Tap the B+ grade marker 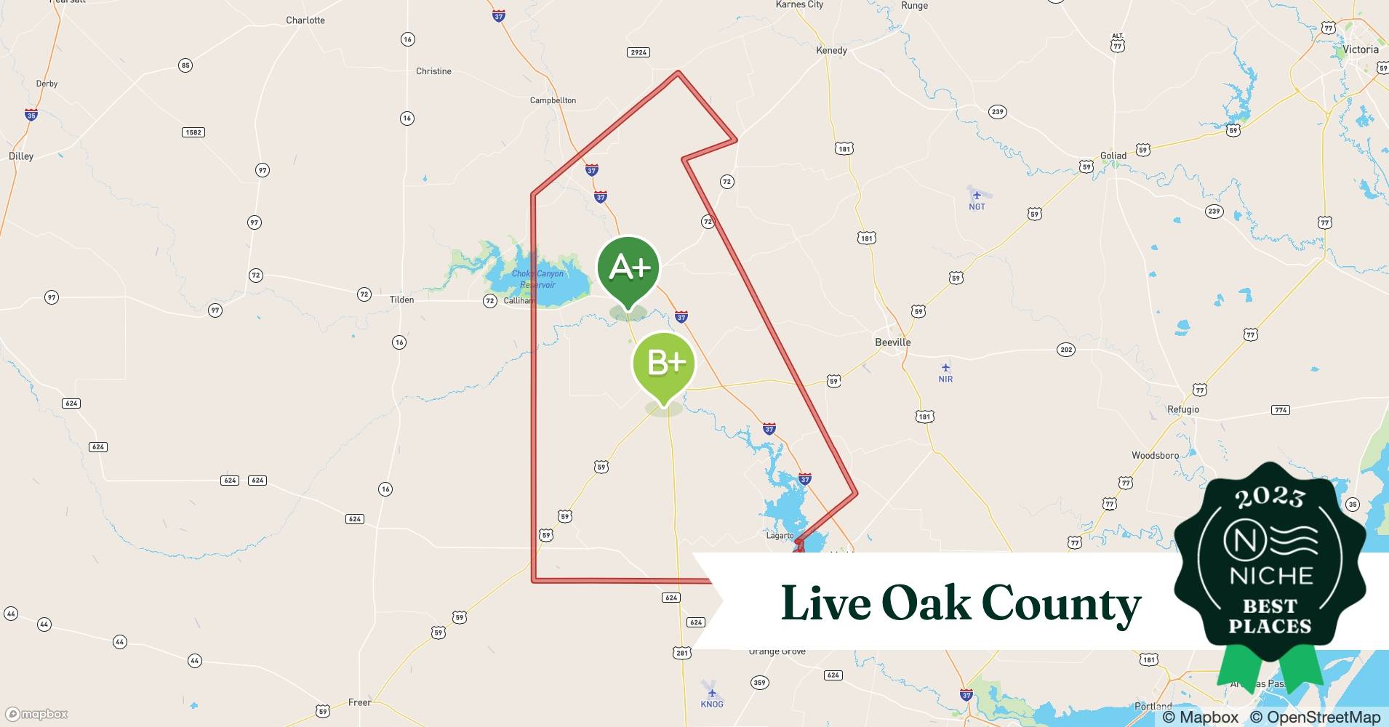coord(664,362)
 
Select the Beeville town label coord(892,342)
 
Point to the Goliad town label coord(1113,156)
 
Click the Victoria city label coord(1360,49)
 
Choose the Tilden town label coord(401,300)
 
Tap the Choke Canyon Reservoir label coord(537,279)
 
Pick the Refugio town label coord(1182,409)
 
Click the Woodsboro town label coord(1155,455)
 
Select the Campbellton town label coord(553,100)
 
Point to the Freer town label coord(359,702)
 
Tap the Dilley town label coord(21,156)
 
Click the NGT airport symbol coord(976,195)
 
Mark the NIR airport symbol coord(945,368)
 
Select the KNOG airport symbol coord(711,692)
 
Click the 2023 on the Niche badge coord(1270,497)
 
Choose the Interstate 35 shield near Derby coord(31,115)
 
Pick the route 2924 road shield coord(638,52)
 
